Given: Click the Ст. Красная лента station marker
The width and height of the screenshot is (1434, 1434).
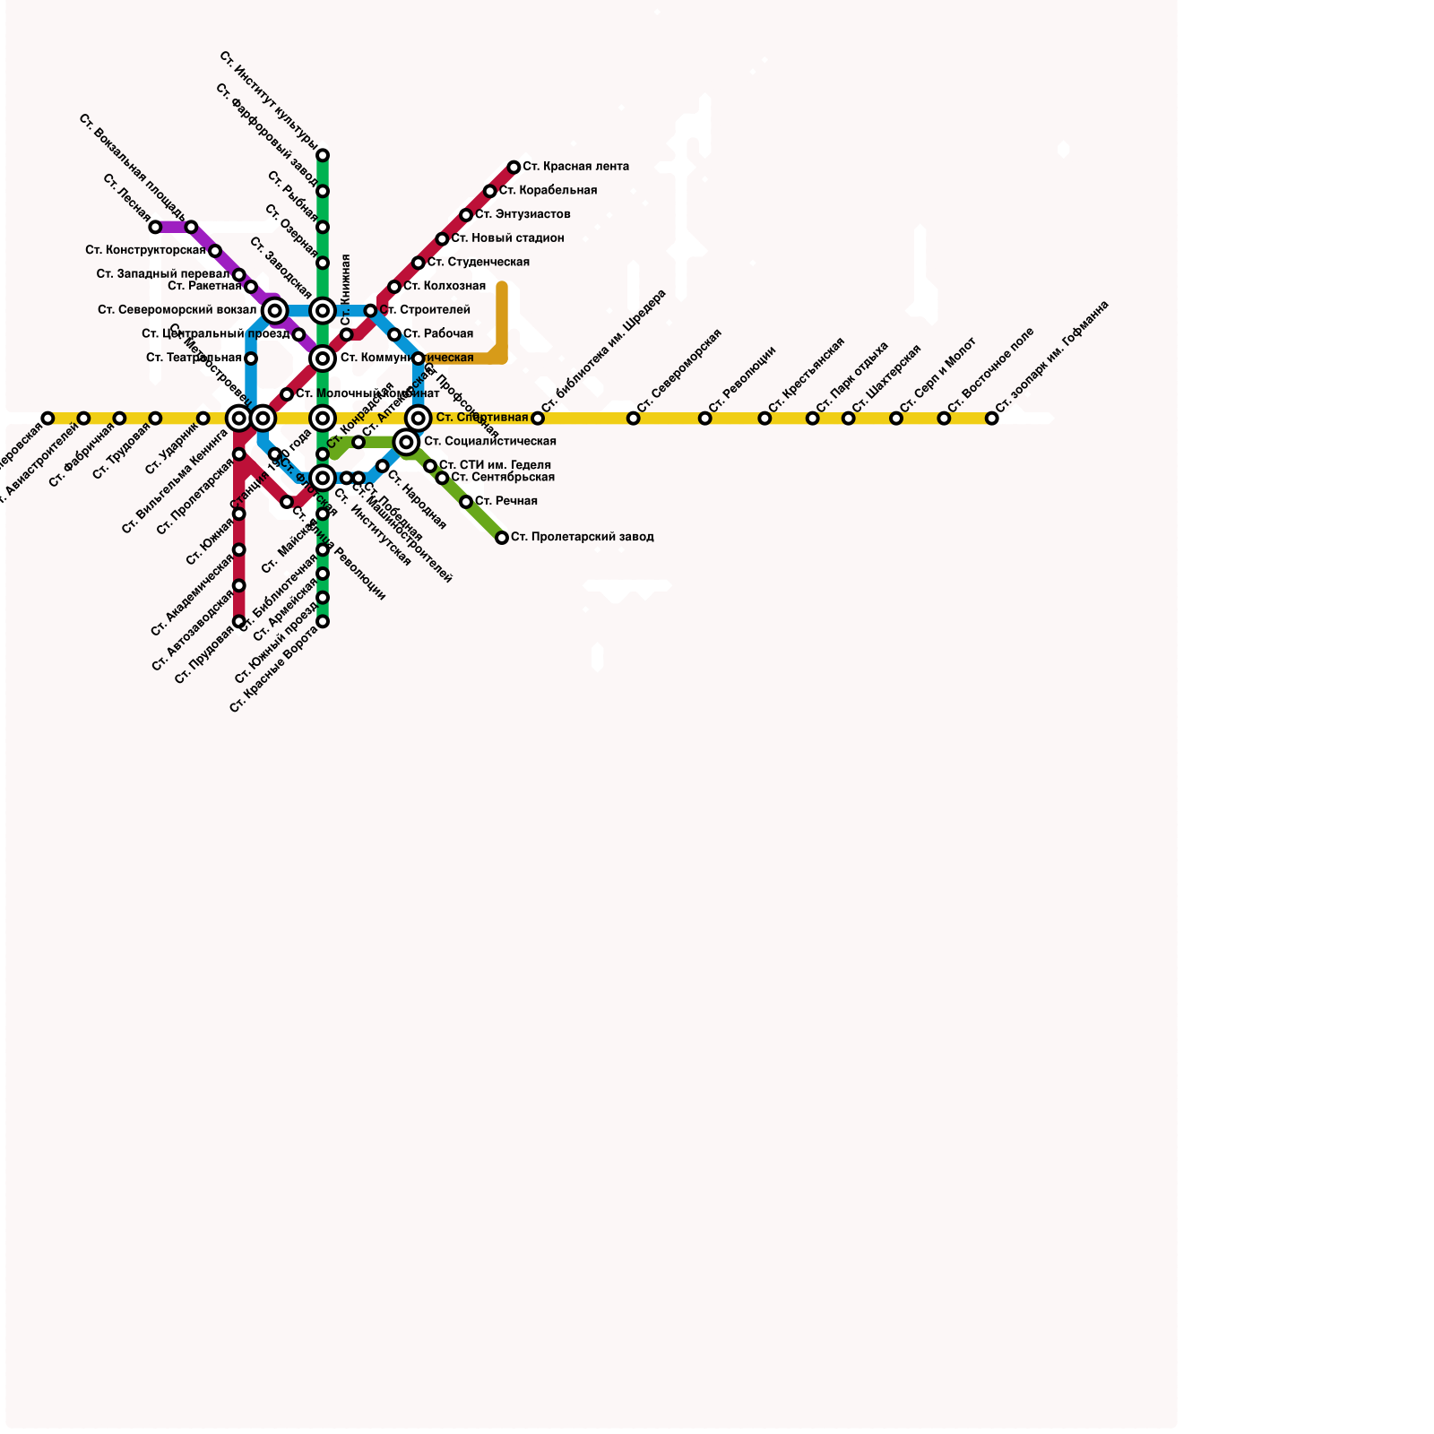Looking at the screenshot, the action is pyautogui.click(x=514, y=168).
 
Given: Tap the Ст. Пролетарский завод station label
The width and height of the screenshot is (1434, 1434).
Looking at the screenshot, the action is pyautogui.click(x=582, y=538).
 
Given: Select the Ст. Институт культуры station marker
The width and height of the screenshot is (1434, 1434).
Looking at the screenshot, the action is pyautogui.click(x=323, y=155).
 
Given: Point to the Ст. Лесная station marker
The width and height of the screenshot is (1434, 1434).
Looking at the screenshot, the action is pyautogui.click(x=155, y=228).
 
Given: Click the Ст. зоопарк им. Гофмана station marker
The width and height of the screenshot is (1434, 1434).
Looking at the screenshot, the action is pyautogui.click(x=991, y=419).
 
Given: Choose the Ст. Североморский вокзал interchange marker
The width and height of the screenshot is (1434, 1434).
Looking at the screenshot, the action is pyautogui.click(x=275, y=311).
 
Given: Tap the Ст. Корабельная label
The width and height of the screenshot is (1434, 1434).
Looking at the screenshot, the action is pyautogui.click(x=548, y=191).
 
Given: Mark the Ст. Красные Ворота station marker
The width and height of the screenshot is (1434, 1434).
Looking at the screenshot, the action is pyautogui.click(x=323, y=621).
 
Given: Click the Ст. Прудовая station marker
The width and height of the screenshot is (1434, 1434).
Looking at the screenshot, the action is pyautogui.click(x=239, y=621).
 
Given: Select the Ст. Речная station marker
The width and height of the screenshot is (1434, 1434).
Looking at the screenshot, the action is pyautogui.click(x=466, y=502).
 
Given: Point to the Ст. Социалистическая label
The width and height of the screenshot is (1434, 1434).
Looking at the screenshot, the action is pyautogui.click(x=489, y=442).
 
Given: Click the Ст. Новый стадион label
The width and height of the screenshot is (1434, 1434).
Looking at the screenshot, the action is pyautogui.click(x=507, y=238).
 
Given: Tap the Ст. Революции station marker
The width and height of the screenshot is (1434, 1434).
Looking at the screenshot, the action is pyautogui.click(x=704, y=419).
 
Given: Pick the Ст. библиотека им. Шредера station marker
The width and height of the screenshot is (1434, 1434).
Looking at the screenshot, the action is pyautogui.click(x=538, y=419).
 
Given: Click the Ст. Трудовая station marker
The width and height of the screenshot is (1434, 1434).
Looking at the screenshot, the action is pyautogui.click(x=155, y=419).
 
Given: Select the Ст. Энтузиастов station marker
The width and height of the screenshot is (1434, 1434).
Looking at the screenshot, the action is pyautogui.click(x=466, y=215).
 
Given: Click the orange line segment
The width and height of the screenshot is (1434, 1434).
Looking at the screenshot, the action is pyautogui.click(x=502, y=323).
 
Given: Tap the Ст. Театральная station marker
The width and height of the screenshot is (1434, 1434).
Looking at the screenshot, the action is pyautogui.click(x=251, y=358).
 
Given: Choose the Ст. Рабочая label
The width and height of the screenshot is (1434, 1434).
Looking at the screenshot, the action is pyautogui.click(x=437, y=334).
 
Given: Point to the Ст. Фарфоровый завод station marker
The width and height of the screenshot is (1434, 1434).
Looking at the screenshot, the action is pyautogui.click(x=323, y=191).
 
